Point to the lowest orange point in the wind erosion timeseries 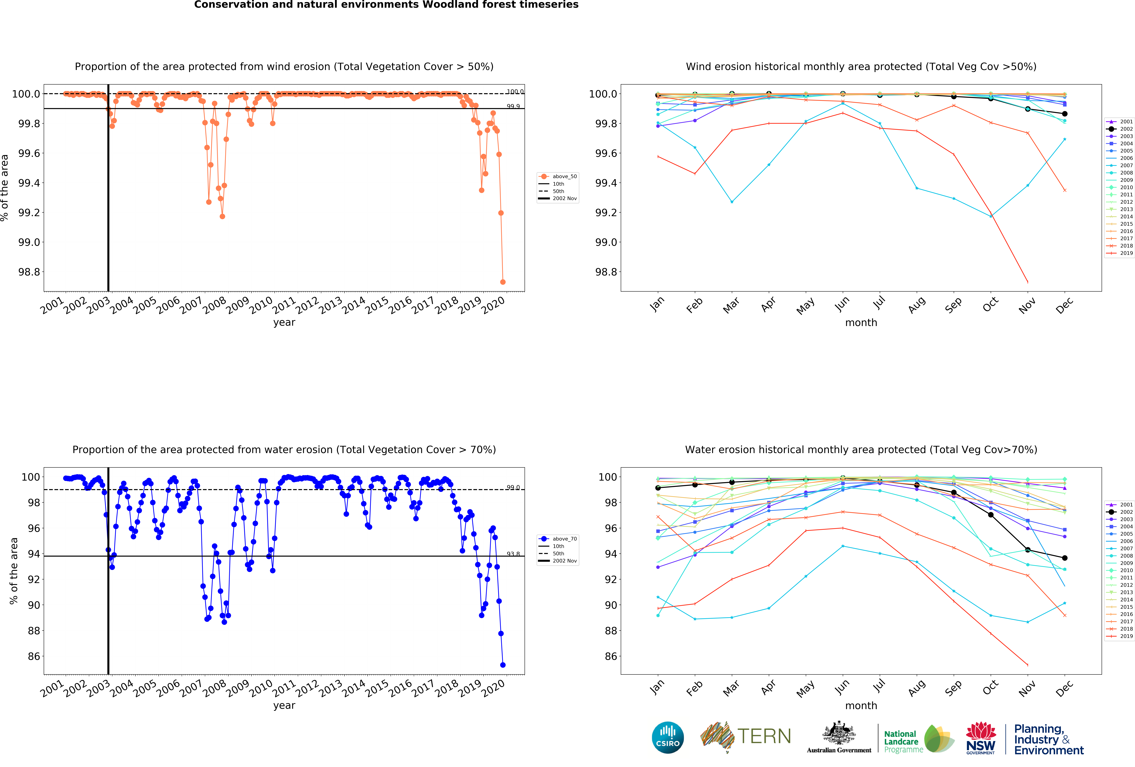[x=503, y=282]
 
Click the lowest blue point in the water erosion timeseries [x=503, y=665]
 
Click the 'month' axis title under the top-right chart [x=861, y=322]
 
